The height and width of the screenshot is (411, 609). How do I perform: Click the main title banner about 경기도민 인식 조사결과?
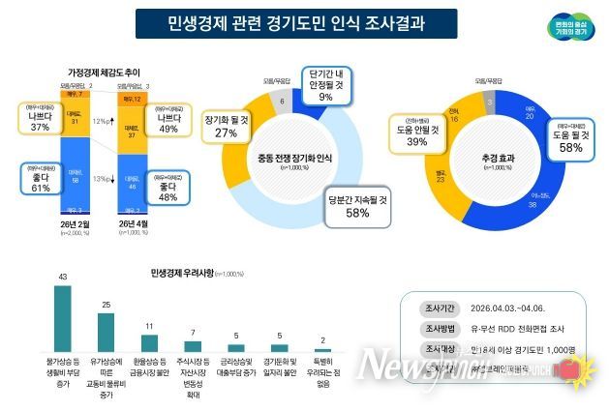point(295,23)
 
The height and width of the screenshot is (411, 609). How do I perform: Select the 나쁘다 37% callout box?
point(40,116)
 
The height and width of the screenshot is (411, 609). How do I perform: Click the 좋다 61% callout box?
point(40,178)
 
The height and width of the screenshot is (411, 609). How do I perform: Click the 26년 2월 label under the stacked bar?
point(76,222)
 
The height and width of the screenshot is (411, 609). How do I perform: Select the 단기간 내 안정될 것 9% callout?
point(325,85)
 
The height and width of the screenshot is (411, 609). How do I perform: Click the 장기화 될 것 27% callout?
point(226,127)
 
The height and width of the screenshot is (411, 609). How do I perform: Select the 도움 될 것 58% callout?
point(568,138)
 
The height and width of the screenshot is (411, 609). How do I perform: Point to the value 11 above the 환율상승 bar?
point(150,327)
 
